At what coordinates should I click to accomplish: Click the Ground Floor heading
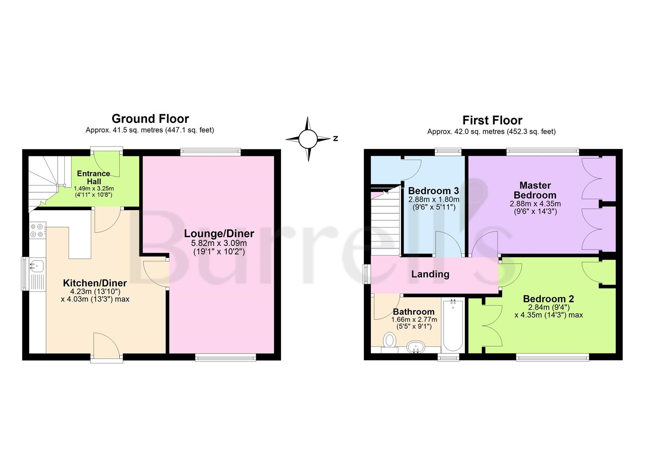pos(150,119)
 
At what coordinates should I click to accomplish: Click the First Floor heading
pos(492,120)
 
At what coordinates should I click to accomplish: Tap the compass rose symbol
pos(308,139)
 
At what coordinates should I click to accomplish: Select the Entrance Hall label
pos(93,177)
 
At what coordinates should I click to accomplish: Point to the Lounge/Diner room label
pos(219,234)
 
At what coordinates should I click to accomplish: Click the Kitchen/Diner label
pos(95,283)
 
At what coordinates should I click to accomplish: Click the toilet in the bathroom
pos(390,340)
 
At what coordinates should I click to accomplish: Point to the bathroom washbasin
pos(415,347)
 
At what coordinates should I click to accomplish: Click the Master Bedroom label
pos(535,190)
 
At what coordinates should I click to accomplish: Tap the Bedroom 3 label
pos(433,191)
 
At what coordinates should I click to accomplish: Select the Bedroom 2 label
pos(548,299)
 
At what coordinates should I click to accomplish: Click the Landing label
pos(430,274)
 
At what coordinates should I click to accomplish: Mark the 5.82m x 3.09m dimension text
pos(219,243)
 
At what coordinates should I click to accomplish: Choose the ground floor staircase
pos(45,182)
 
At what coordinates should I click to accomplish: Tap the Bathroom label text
pos(413,312)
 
